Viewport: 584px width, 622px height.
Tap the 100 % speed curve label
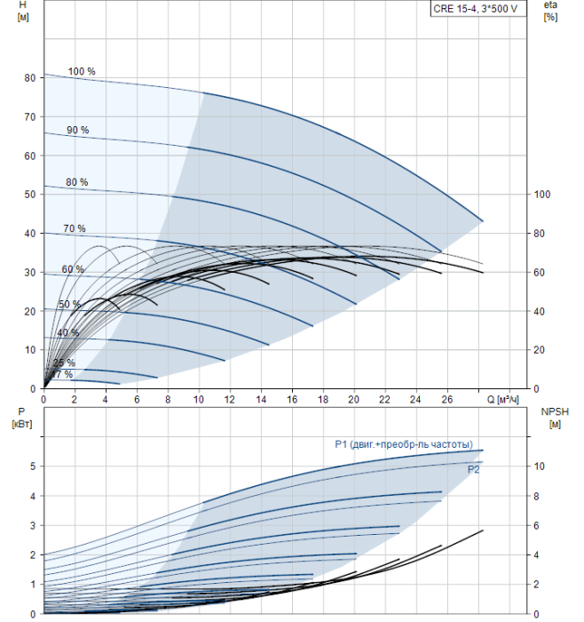click(82, 71)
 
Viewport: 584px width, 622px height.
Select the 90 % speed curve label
click(78, 130)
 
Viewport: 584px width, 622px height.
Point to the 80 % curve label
click(77, 182)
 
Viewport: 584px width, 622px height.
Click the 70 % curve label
click(75, 228)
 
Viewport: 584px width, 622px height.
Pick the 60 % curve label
click(73, 269)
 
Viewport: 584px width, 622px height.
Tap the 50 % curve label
click(69, 305)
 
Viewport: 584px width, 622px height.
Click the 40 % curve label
click(67, 332)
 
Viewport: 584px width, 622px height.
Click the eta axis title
click(550, 12)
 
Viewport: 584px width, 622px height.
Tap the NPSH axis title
click(552, 418)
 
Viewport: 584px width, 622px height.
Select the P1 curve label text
click(403, 444)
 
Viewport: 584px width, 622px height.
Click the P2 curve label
click(473, 469)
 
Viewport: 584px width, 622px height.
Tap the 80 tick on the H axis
click(29, 78)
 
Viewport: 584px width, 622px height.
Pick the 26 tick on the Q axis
click(446, 399)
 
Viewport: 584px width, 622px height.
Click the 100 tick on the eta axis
click(543, 195)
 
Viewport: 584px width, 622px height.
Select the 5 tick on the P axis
click(32, 466)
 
